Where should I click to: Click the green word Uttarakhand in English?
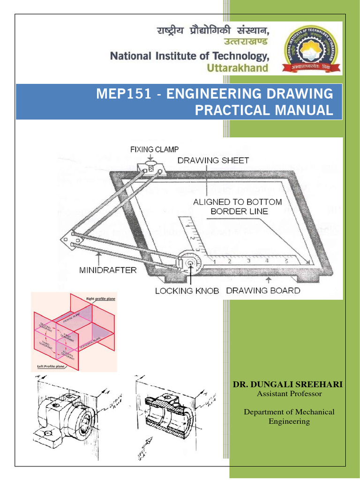238,68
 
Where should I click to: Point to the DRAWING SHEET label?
213,160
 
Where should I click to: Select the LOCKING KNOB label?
187,291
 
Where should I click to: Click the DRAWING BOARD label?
263,291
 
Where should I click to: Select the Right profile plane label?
101,298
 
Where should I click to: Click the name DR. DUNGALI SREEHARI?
288,384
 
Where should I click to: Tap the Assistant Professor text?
289,394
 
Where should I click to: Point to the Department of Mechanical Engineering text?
289,416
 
